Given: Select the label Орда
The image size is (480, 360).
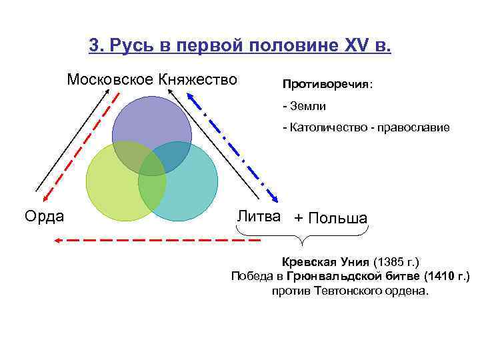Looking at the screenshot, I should click(x=44, y=216).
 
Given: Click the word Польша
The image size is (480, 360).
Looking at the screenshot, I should click(x=339, y=219).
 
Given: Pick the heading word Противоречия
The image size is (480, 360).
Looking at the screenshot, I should click(x=326, y=85).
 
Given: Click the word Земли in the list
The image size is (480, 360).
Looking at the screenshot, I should click(x=308, y=106).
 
